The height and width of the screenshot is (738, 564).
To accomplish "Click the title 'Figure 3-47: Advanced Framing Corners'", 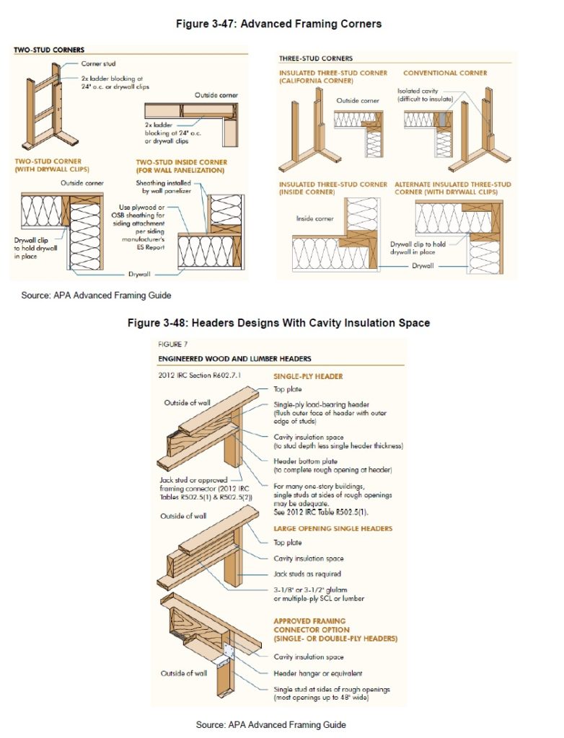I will pos(278,24).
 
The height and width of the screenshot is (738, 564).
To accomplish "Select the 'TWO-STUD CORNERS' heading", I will pos(49,50).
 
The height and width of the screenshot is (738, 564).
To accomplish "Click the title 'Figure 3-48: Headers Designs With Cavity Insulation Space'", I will pos(278,323).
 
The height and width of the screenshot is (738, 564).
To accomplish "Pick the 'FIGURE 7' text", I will pos(172,344).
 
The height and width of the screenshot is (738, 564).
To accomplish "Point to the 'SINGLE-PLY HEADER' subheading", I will pos(307,376).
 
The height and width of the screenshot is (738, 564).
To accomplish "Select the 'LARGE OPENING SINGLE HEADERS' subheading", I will pos(332,528).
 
